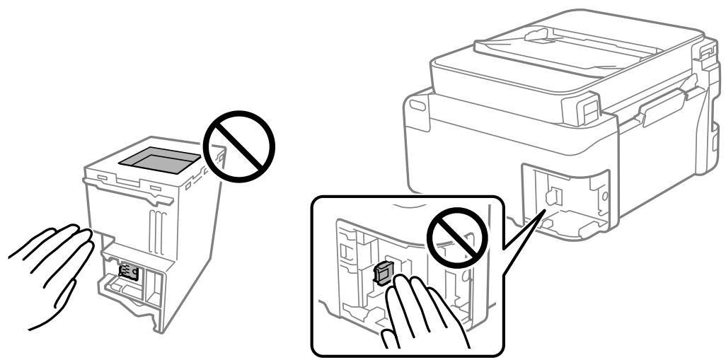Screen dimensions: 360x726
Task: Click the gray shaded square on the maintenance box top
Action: [x=159, y=160]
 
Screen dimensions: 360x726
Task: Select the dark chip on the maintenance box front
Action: [x=129, y=274]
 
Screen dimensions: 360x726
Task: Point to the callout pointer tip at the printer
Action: [x=543, y=210]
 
